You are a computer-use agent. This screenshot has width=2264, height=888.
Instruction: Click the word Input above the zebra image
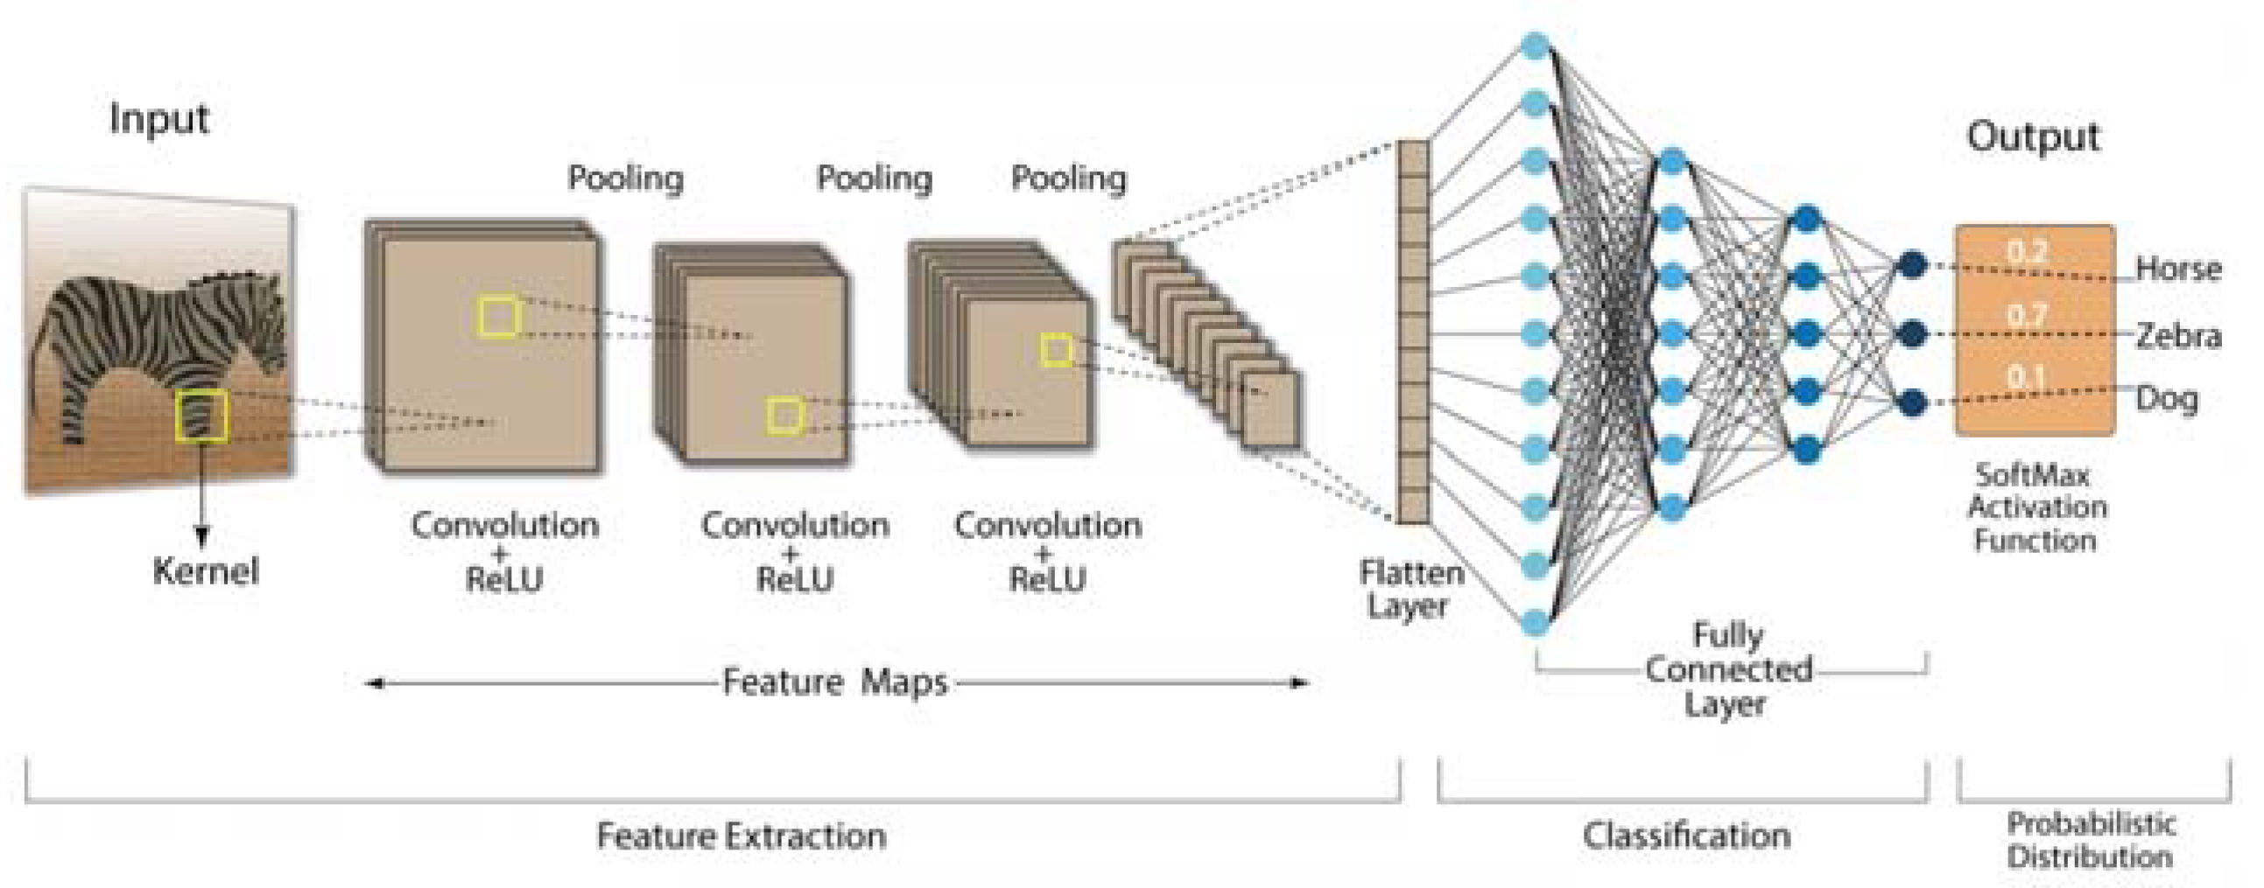159,119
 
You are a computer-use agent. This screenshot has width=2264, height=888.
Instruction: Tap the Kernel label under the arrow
206,572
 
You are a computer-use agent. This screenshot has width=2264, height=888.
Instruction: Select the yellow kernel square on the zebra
202,416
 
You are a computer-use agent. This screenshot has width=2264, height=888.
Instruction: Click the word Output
2033,137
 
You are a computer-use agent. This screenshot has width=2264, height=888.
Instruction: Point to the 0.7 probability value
2027,313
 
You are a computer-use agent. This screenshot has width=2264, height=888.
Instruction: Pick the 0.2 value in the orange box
2027,251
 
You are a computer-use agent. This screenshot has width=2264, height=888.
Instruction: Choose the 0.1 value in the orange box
2027,376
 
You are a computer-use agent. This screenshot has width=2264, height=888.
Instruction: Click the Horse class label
2178,269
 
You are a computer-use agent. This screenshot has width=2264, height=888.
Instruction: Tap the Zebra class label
2178,336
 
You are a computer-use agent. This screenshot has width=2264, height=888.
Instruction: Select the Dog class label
2167,400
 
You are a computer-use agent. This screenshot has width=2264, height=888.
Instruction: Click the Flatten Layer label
1410,590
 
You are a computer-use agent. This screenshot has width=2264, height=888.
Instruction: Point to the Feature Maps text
835,682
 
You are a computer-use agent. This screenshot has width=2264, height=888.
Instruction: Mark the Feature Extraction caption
741,836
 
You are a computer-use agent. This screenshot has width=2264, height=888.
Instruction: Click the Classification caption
1685,836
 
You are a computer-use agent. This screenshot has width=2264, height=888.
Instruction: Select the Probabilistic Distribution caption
2090,840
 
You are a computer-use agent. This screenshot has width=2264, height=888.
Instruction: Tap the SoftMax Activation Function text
2035,507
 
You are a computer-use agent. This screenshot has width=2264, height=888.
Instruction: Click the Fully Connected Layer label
1728,669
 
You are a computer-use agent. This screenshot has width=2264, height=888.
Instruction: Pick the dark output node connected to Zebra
1912,334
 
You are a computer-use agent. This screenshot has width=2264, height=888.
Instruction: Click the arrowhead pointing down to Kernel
202,537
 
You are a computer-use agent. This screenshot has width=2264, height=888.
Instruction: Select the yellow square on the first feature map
498,317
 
